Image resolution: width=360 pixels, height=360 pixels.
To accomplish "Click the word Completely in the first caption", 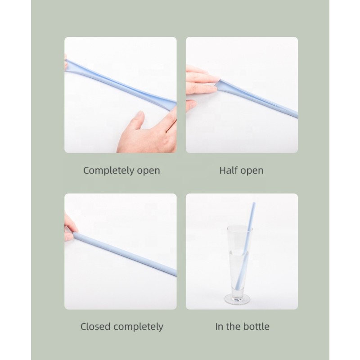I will click(108, 171).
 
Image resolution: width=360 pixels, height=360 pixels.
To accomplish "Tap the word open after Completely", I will click(148, 171).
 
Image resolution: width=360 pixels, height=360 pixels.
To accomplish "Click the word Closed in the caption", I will click(95, 326).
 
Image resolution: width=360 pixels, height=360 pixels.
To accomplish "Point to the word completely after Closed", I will click(137, 327).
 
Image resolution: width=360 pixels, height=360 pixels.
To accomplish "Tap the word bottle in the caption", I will click(256, 326).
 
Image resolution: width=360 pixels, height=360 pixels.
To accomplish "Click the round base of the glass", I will click(238, 298).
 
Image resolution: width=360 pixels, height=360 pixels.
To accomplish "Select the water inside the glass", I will click(238, 265).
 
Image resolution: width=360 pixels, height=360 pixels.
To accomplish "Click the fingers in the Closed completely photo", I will click(69, 227).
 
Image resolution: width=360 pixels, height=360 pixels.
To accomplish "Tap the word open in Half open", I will click(252, 171).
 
